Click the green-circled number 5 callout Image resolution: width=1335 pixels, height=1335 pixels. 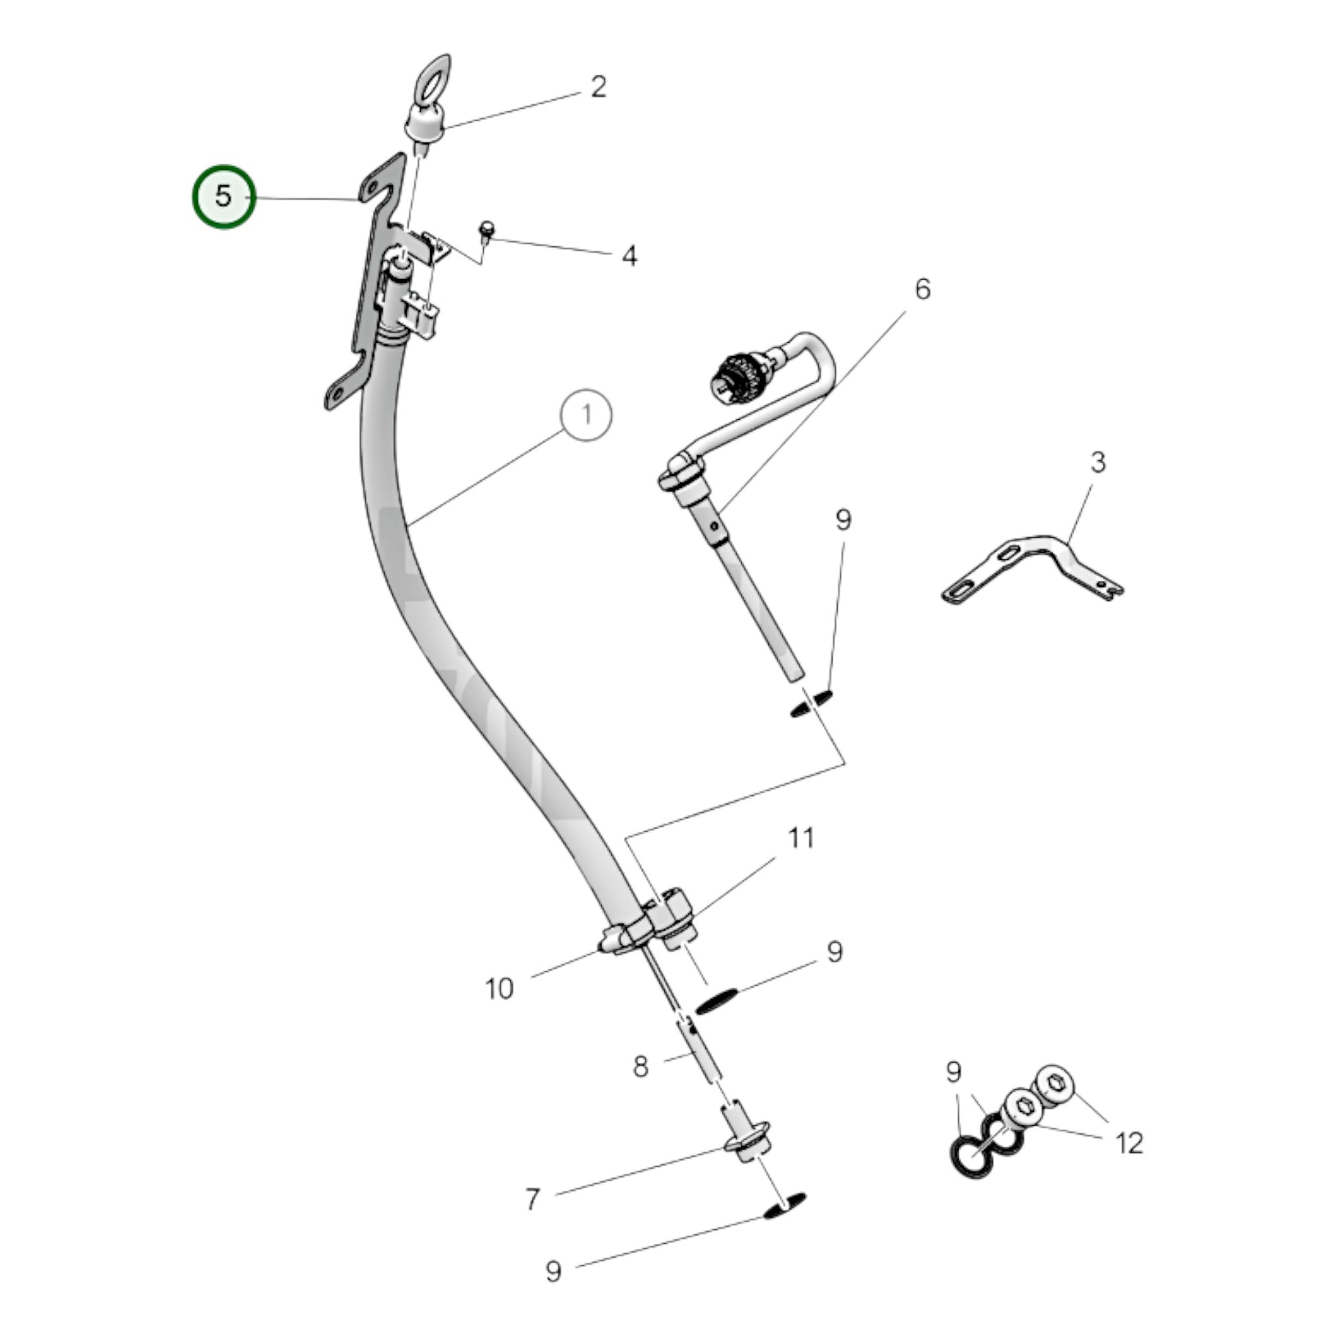[223, 197]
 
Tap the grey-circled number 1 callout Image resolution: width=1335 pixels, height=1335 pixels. [586, 416]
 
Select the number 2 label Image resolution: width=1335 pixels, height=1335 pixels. [598, 87]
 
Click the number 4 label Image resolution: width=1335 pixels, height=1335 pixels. [629, 257]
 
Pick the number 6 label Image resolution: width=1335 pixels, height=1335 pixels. [923, 290]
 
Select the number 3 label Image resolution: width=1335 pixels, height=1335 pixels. [1098, 462]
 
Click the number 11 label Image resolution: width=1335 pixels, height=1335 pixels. [801, 838]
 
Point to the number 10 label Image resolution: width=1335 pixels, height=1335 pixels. [499, 989]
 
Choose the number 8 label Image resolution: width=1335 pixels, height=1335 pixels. [641, 1067]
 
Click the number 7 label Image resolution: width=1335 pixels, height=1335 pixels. [532, 1200]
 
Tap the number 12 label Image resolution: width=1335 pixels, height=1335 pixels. [1129, 1144]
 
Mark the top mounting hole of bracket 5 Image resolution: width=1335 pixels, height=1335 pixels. [371, 189]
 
